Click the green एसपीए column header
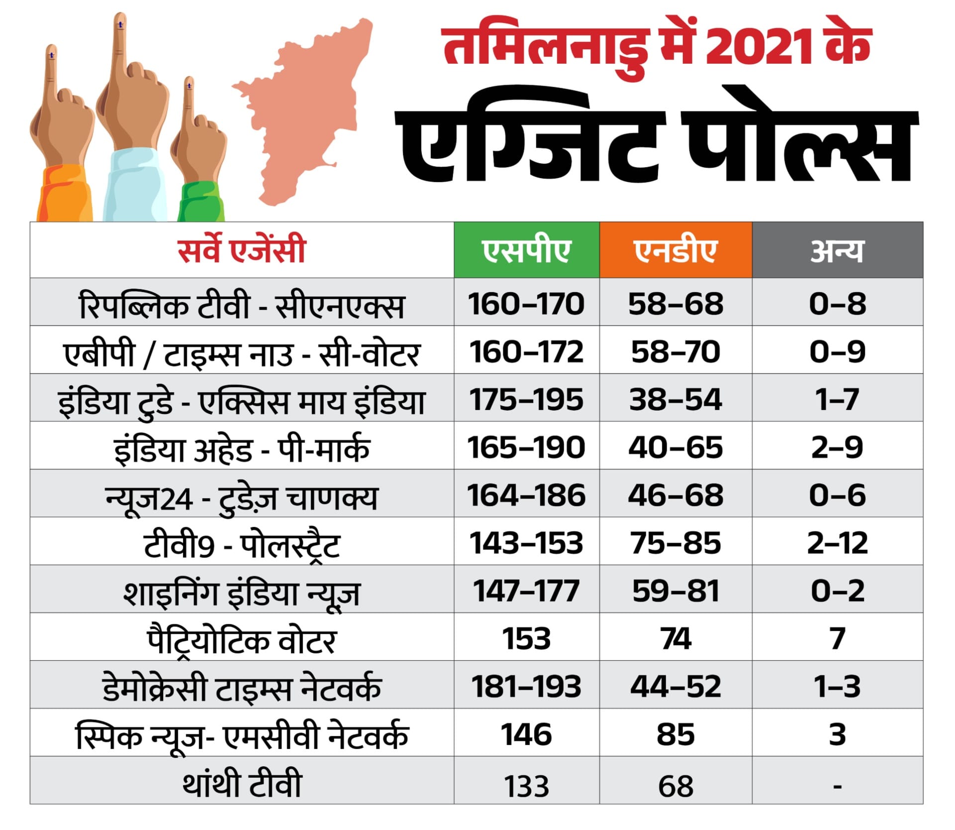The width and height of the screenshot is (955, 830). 526,250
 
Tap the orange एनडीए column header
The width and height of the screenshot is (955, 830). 675,250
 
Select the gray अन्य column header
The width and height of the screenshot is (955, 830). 837,250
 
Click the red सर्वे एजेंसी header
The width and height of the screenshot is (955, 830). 242,250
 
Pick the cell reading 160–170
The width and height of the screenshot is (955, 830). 526,303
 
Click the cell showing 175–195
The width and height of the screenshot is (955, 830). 526,399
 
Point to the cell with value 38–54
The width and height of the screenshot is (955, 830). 675,399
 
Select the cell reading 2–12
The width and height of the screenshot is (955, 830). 837,542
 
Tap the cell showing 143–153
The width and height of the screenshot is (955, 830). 526,542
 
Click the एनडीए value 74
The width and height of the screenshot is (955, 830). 675,638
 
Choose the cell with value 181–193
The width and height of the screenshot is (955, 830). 526,686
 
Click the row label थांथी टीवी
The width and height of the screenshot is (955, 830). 242,784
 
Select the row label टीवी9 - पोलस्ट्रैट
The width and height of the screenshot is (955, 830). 242,544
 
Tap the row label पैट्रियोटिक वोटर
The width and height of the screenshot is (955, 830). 242,640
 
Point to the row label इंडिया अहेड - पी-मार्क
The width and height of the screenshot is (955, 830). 242,448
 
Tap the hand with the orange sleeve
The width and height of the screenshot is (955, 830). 62,149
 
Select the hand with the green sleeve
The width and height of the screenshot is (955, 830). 199,159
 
